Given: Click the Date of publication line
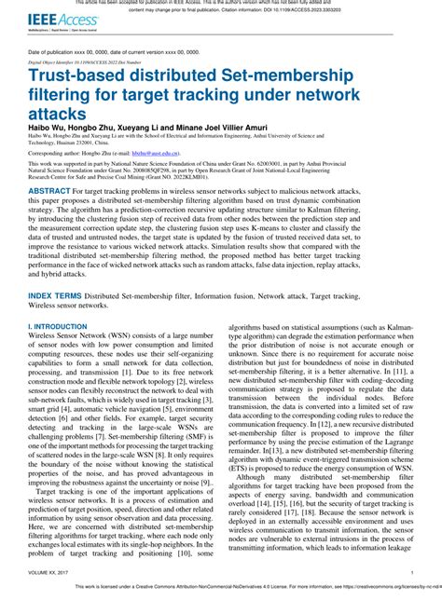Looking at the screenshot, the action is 111,52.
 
